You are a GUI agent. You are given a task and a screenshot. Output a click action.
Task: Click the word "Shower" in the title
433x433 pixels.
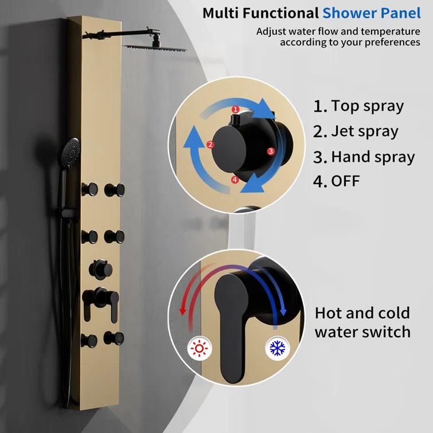click(350, 12)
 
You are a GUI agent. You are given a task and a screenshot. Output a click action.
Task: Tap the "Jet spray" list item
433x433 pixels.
click(356, 131)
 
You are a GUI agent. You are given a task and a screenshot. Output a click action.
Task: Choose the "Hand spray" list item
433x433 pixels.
click(364, 157)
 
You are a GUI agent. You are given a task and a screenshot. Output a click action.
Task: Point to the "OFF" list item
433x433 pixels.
click(337, 182)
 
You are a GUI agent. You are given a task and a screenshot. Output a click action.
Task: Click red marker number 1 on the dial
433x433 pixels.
click(235, 109)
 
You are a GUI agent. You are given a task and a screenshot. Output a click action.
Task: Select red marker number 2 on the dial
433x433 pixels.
click(210, 145)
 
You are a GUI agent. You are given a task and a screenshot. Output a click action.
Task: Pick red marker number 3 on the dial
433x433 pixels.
click(271, 151)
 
